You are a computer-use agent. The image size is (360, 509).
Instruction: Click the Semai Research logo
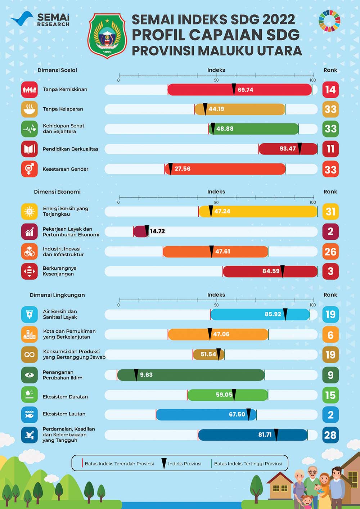coord(40,19)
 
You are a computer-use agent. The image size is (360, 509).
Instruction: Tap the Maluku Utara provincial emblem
coord(107,36)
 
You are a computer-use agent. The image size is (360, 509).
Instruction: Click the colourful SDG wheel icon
coord(329,21)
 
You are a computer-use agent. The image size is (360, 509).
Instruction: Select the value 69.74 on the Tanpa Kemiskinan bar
coord(245,90)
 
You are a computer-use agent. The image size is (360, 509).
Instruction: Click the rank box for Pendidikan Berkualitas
coord(330,149)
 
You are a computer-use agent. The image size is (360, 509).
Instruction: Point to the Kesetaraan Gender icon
coord(29,169)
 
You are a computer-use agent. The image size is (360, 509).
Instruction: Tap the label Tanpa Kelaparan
coord(63,109)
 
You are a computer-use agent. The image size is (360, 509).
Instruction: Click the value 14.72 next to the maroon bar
coord(157,231)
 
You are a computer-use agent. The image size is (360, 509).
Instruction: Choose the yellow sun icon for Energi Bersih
coord(29,211)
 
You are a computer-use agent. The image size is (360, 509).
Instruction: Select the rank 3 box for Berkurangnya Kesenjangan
coord(330,271)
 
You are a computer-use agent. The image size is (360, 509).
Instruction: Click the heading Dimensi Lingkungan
coord(57,295)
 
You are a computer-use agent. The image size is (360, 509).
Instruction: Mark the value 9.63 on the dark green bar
coord(146,375)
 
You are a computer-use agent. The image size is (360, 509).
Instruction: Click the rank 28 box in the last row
coord(330,435)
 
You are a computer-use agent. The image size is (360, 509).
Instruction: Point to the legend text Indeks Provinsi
coord(184,464)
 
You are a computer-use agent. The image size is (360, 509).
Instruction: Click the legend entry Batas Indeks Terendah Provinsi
coord(119,464)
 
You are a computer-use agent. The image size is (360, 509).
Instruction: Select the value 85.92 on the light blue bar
coord(273,314)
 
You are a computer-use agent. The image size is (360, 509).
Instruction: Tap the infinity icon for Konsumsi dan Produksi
coord(29,355)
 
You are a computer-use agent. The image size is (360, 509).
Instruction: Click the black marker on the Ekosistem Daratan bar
coord(234,394)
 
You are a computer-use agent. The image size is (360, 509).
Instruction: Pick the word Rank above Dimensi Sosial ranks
coord(330,70)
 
